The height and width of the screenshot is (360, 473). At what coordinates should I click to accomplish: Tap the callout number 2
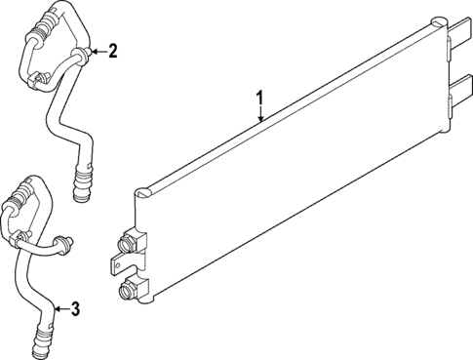click(113, 51)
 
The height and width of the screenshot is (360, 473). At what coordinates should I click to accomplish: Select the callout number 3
click(76, 310)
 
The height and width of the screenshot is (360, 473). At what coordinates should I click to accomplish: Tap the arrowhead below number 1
click(260, 120)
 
